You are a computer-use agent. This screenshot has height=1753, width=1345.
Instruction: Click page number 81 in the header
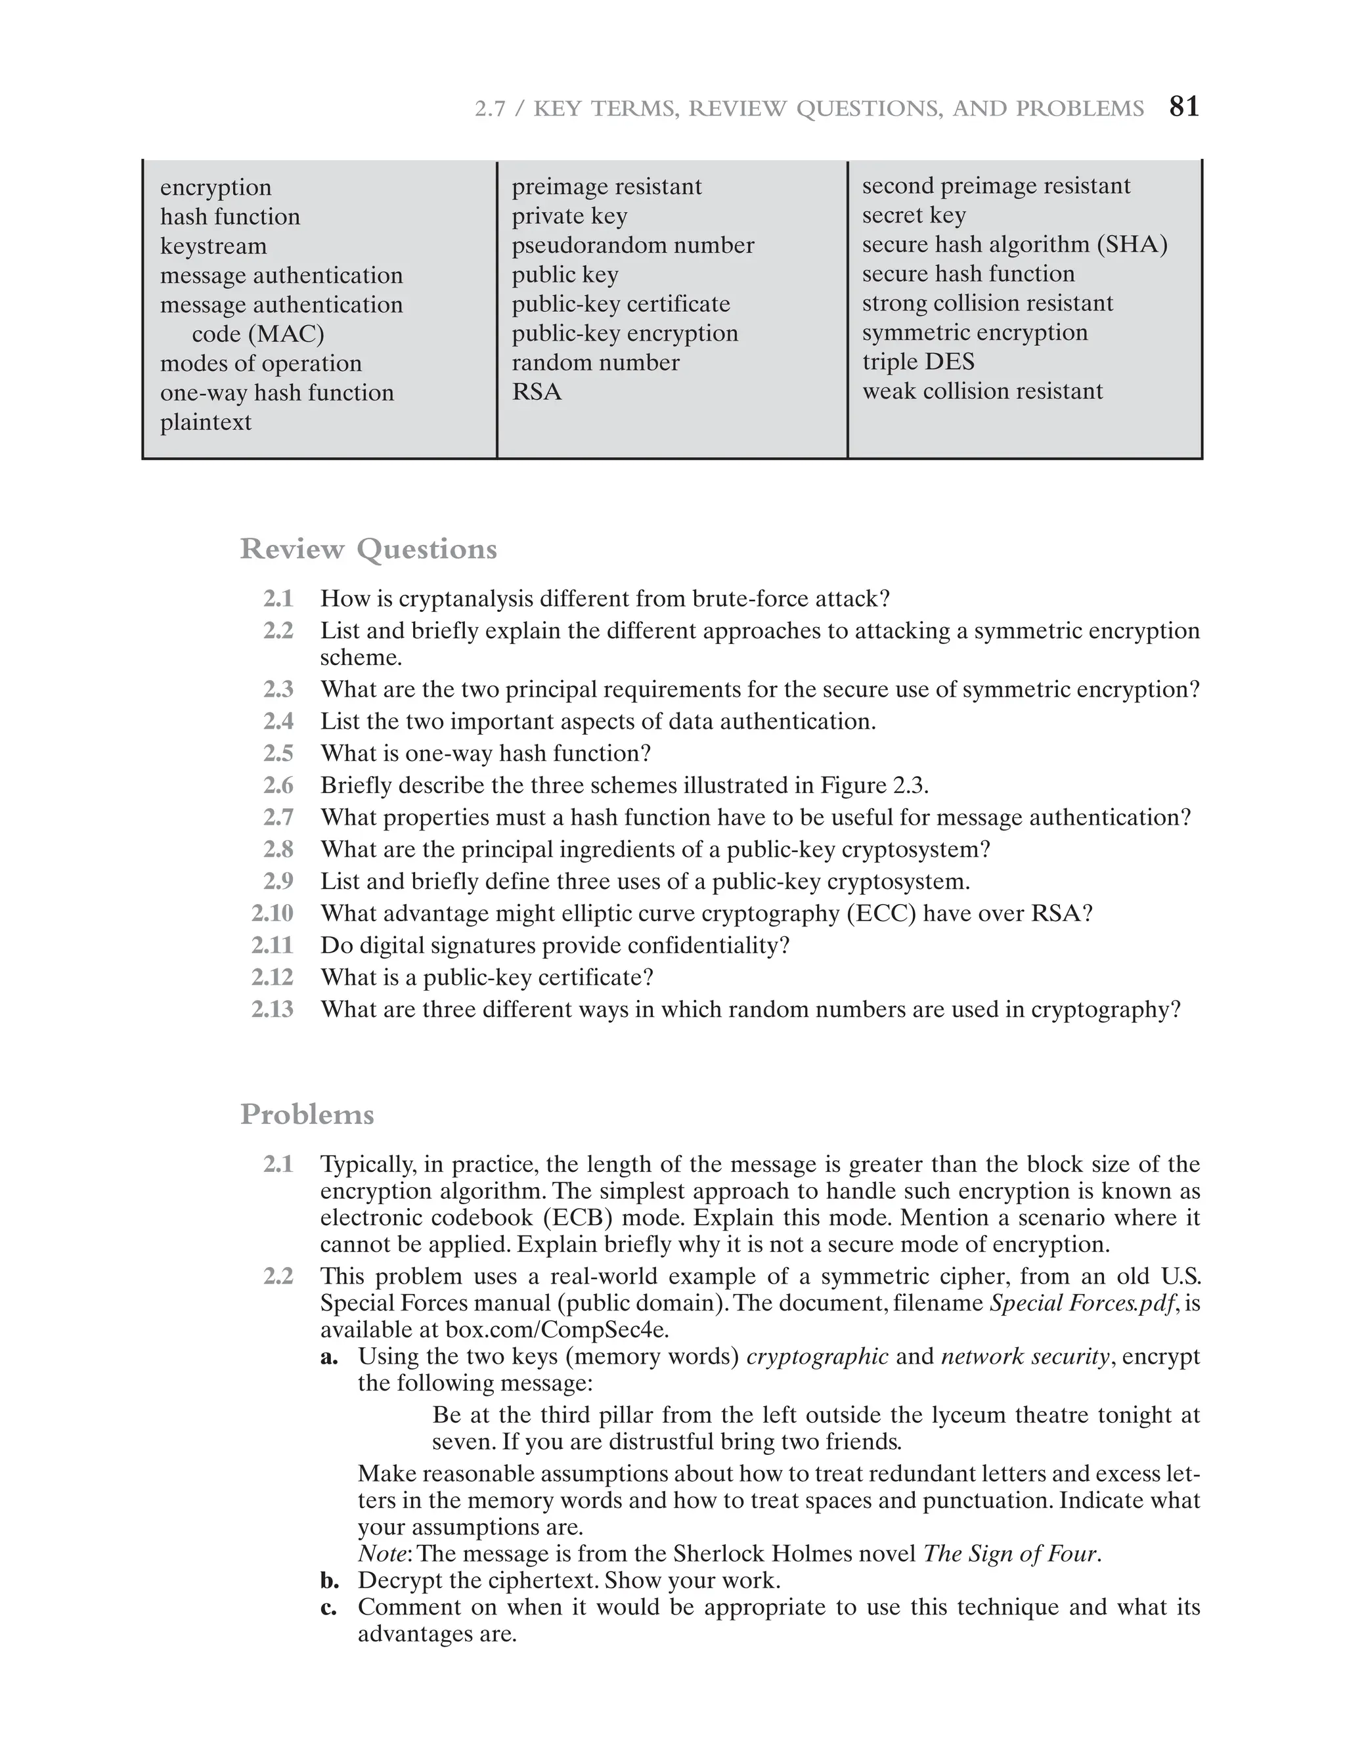pos(1184,106)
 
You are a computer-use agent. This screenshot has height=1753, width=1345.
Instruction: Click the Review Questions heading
pos(368,549)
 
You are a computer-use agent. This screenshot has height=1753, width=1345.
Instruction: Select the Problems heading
pos(307,1114)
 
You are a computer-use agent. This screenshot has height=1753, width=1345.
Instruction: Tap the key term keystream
pos(213,246)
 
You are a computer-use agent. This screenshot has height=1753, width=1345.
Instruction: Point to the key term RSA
pos(537,391)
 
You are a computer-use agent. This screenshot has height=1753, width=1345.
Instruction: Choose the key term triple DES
pos(918,361)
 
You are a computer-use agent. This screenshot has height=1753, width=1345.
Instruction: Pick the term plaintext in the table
pos(206,422)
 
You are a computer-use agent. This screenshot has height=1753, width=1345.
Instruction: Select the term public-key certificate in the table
pos(621,303)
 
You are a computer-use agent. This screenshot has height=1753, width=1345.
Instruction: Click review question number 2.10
pos(272,913)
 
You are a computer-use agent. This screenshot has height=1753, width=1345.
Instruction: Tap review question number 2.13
pos(272,1008)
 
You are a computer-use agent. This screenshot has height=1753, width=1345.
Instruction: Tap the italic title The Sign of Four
pos(1010,1553)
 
